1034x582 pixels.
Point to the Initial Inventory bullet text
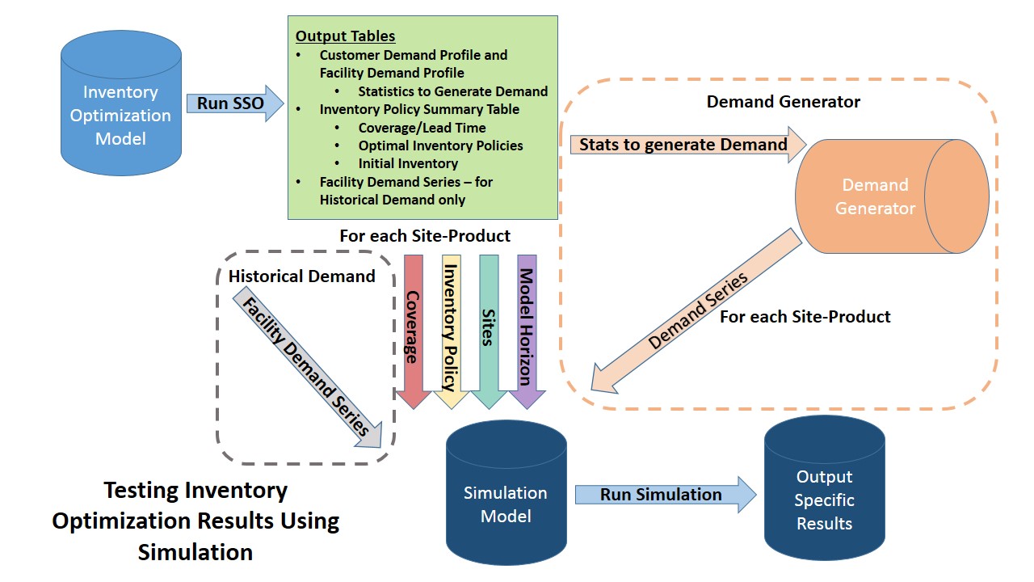pos(408,163)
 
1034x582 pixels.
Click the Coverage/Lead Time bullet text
pos(422,128)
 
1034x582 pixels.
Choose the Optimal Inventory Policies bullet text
pos(440,145)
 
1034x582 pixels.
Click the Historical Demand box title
pos(301,276)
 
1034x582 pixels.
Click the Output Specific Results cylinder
pos(824,489)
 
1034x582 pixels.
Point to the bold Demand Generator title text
pos(783,102)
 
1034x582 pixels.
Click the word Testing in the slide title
pos(141,491)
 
